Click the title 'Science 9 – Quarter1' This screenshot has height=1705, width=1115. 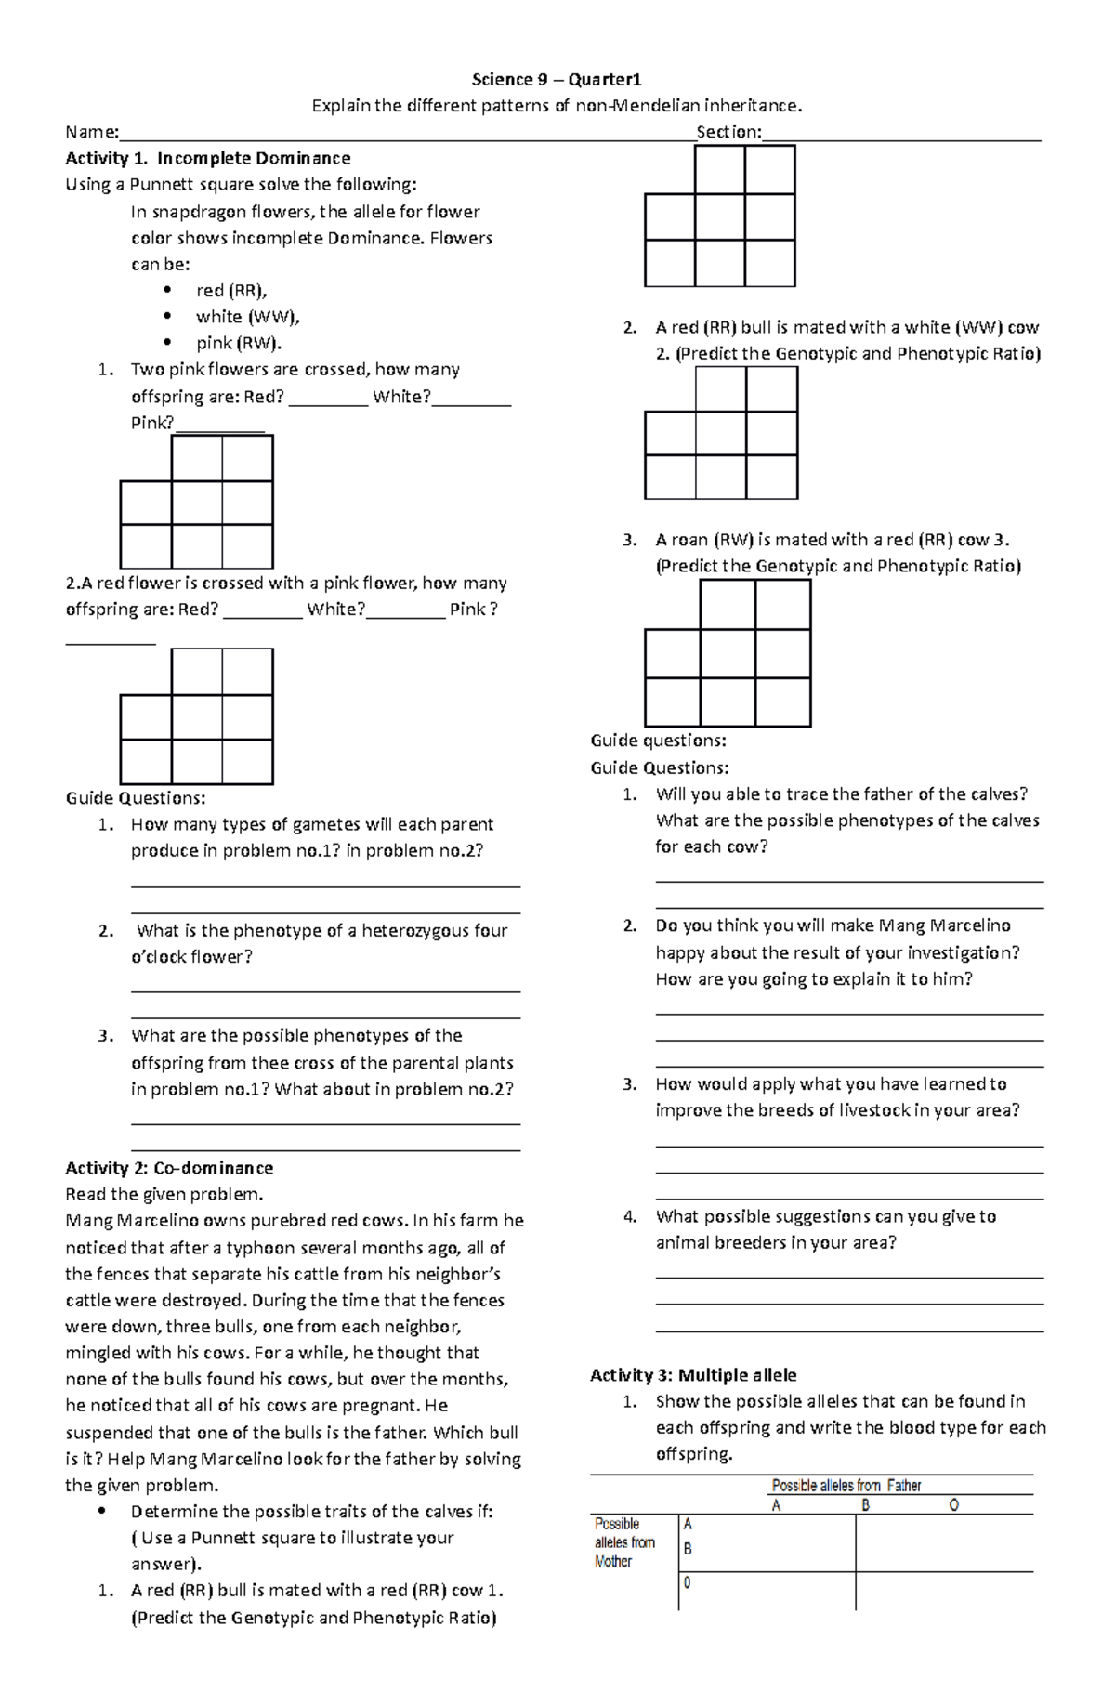click(557, 79)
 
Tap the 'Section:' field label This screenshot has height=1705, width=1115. click(728, 132)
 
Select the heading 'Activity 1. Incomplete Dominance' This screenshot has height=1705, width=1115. click(207, 158)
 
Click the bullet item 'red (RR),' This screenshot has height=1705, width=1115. click(231, 290)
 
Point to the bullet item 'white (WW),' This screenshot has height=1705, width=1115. click(247, 317)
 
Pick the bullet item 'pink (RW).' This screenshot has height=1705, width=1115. click(238, 343)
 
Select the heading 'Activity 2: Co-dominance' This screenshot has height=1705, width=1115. click(169, 1168)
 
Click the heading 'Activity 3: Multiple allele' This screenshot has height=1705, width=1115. click(693, 1374)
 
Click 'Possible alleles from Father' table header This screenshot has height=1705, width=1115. click(846, 1485)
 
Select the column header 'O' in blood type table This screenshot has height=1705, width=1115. click(953, 1505)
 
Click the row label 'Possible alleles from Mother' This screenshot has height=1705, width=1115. click(624, 1542)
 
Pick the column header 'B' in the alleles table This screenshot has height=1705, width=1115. click(865, 1505)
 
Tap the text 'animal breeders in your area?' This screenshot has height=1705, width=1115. click(775, 1242)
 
